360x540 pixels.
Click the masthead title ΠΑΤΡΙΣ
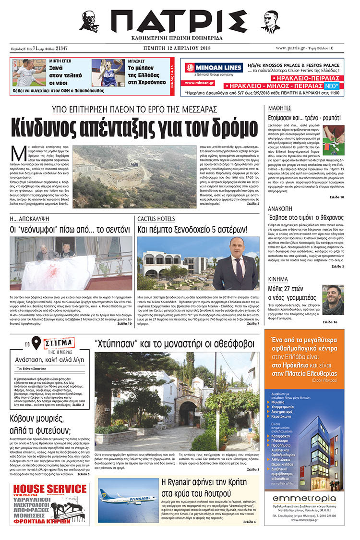coord(180,21)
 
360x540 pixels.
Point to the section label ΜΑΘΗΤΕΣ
coord(280,108)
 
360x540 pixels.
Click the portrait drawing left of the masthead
coord(89,22)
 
